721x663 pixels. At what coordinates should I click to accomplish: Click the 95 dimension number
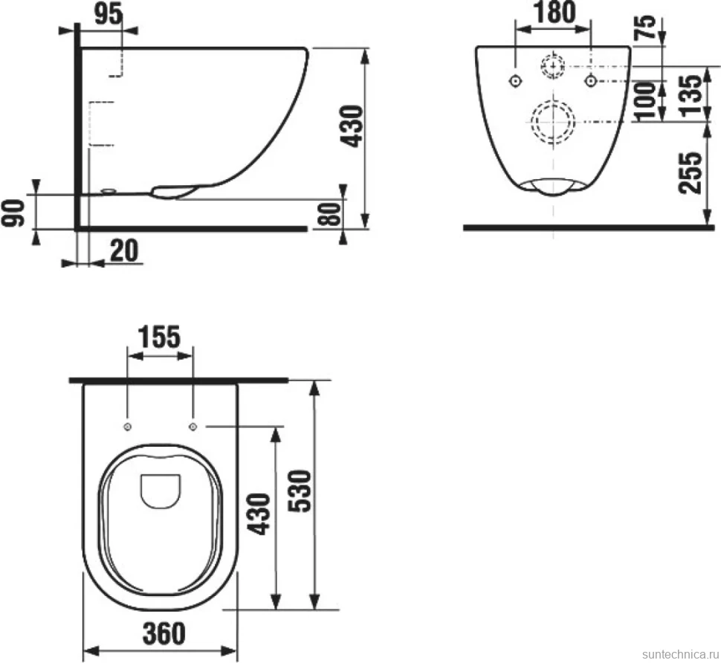(109, 13)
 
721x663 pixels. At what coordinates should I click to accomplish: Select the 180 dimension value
(555, 13)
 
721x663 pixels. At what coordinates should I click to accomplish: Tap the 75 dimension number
(646, 27)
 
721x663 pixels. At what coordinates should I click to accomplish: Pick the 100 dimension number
(645, 101)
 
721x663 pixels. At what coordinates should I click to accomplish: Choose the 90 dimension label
(13, 213)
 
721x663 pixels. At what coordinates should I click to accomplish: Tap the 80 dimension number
(329, 214)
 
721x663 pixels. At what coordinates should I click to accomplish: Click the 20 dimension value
(123, 250)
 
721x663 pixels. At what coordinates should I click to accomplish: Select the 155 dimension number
(160, 337)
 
